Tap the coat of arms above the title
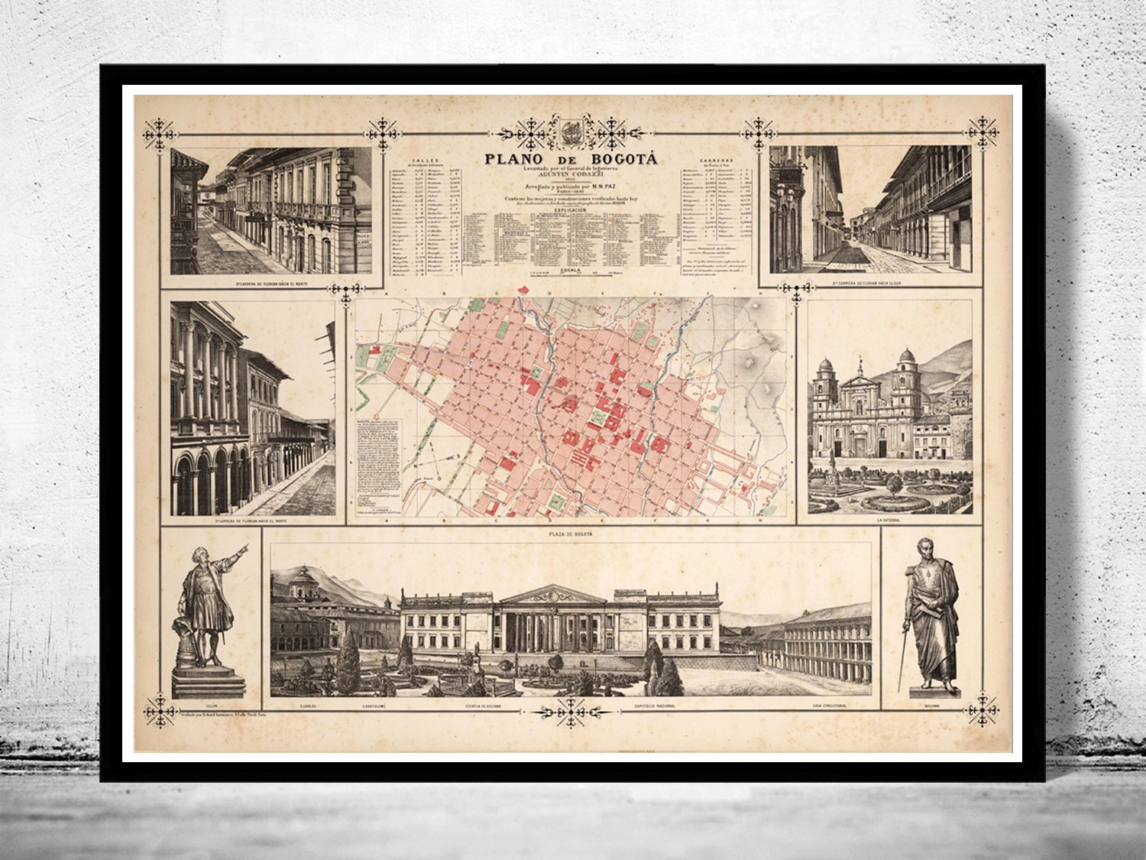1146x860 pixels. (x=571, y=130)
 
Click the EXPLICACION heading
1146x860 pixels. (x=571, y=208)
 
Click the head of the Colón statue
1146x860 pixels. (x=200, y=554)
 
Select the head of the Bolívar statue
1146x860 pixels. (x=927, y=548)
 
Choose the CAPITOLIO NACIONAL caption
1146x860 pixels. (x=654, y=706)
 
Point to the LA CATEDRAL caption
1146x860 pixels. (x=889, y=521)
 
